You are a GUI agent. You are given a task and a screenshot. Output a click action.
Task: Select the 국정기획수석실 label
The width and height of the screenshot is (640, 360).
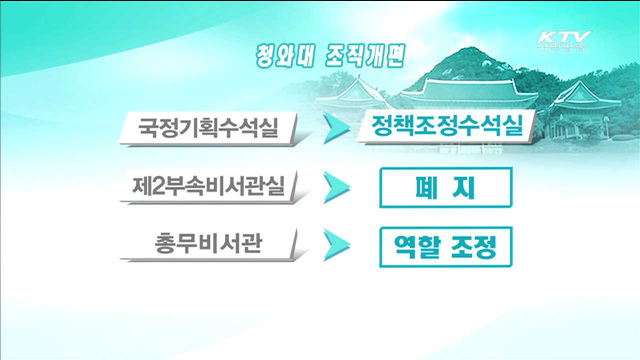(208, 128)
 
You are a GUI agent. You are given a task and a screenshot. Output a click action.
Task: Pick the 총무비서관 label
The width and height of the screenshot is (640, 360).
(210, 243)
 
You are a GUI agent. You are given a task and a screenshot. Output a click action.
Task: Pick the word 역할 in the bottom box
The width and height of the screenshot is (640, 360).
(420, 245)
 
